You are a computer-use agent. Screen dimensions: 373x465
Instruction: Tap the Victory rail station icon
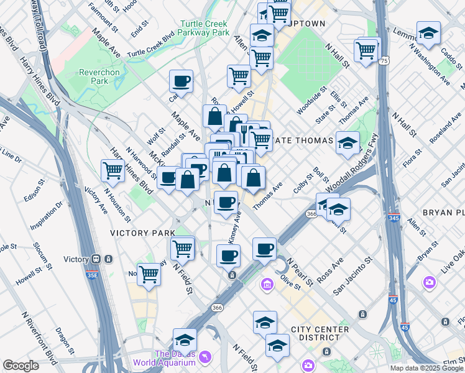(x=97, y=259)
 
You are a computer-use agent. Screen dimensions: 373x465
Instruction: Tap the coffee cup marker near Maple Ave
(x=181, y=81)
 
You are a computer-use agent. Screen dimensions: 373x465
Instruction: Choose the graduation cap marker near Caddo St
(x=428, y=33)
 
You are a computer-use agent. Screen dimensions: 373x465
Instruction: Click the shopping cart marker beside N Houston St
(x=113, y=170)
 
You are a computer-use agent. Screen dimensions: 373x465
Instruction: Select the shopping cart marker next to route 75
(x=367, y=50)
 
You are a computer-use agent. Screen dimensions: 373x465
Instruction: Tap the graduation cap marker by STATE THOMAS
(x=348, y=142)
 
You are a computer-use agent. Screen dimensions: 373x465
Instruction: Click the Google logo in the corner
(x=21, y=366)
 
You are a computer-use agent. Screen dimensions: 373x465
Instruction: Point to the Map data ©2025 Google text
(x=426, y=368)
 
